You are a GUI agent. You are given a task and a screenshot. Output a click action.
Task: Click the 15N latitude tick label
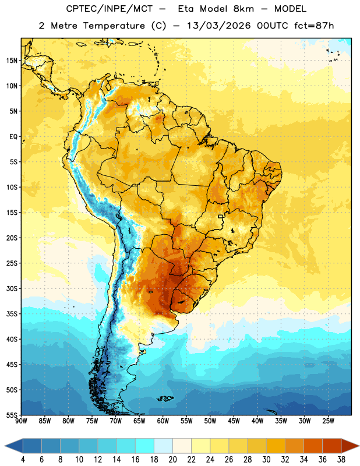pyautogui.click(x=12, y=61)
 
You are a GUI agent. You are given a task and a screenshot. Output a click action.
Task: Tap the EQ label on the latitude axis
pyautogui.click(x=13, y=137)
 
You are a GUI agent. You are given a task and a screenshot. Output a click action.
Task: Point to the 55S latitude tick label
pyautogui.click(x=12, y=415)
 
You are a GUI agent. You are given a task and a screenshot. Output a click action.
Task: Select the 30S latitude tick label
pyautogui.click(x=12, y=288)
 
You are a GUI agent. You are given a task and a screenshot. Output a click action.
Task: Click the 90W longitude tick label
pyautogui.click(x=21, y=421)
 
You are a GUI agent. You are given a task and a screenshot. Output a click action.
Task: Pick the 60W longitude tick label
pyautogui.click(x=163, y=421)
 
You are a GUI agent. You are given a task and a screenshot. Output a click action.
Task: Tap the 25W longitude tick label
pyautogui.click(x=328, y=421)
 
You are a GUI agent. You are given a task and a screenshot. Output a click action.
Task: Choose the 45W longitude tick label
pyautogui.click(x=234, y=421)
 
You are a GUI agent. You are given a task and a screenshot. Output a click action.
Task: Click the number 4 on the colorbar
pyautogui.click(x=23, y=460)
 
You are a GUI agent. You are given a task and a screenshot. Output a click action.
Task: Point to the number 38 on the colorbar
pyautogui.click(x=341, y=460)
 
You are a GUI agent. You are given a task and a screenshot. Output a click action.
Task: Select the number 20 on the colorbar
pyautogui.click(x=172, y=460)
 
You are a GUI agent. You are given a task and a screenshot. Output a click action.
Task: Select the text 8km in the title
pyautogui.click(x=243, y=9)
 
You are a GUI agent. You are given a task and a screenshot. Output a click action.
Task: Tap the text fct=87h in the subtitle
pyautogui.click(x=314, y=26)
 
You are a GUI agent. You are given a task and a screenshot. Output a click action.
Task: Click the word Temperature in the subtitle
pyautogui.click(x=114, y=26)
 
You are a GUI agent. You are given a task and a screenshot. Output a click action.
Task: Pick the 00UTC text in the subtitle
pyautogui.click(x=273, y=26)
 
